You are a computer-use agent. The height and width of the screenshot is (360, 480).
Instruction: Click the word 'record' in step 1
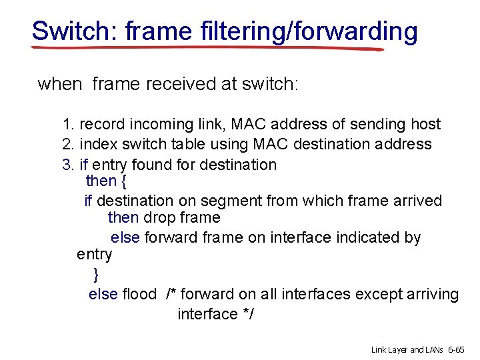coord(100,124)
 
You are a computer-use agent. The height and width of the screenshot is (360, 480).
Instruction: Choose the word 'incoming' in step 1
coord(155,124)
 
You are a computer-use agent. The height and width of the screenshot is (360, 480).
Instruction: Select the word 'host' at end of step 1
coord(425,124)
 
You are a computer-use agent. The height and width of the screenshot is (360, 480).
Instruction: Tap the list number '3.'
coord(68,164)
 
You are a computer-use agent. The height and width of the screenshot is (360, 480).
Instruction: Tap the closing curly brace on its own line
coord(96,274)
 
